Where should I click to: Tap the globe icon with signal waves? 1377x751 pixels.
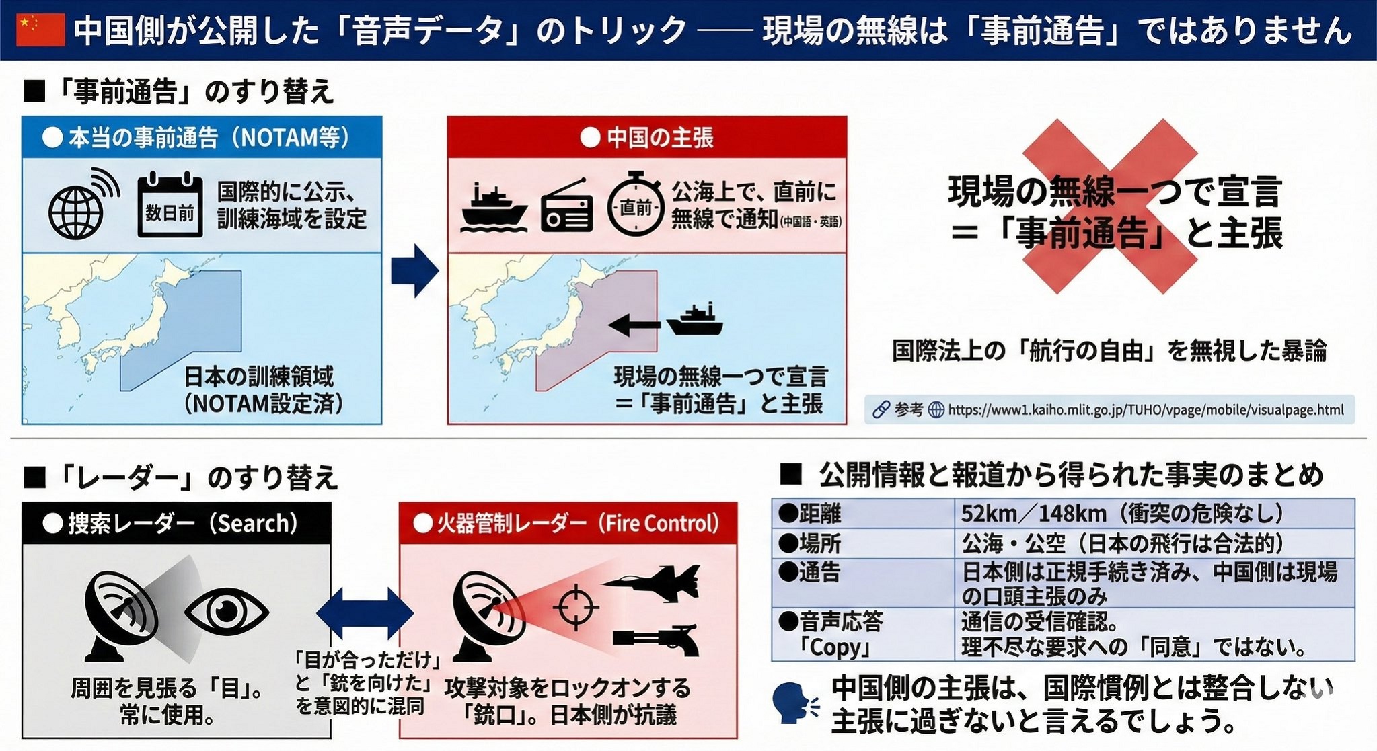coord(81,205)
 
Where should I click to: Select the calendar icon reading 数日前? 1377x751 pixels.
coord(170,205)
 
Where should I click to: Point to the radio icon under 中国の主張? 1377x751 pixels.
coord(567,206)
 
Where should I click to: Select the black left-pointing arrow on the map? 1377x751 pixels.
coord(634,325)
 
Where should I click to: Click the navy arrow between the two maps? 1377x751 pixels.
coord(414,270)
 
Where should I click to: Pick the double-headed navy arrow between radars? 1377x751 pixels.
coord(365,612)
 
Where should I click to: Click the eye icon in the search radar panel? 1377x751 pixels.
coord(227,612)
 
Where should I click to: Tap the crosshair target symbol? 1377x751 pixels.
coord(575,608)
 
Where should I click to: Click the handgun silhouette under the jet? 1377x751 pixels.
coord(656,639)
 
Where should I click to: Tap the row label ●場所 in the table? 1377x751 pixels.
coord(810,543)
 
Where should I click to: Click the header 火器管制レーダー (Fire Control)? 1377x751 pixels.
coord(568,523)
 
